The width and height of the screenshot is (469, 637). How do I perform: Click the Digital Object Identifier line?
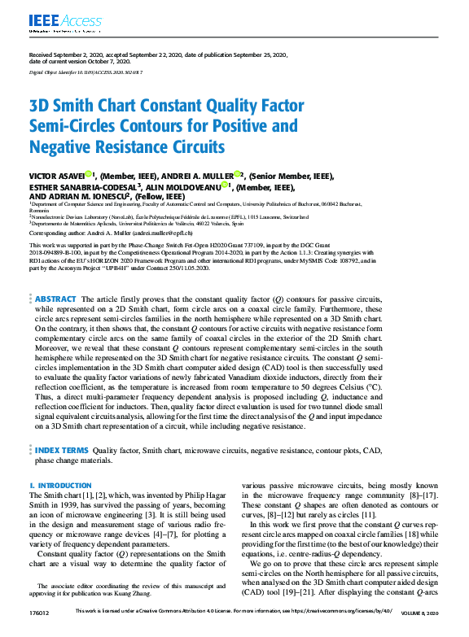point(85,72)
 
